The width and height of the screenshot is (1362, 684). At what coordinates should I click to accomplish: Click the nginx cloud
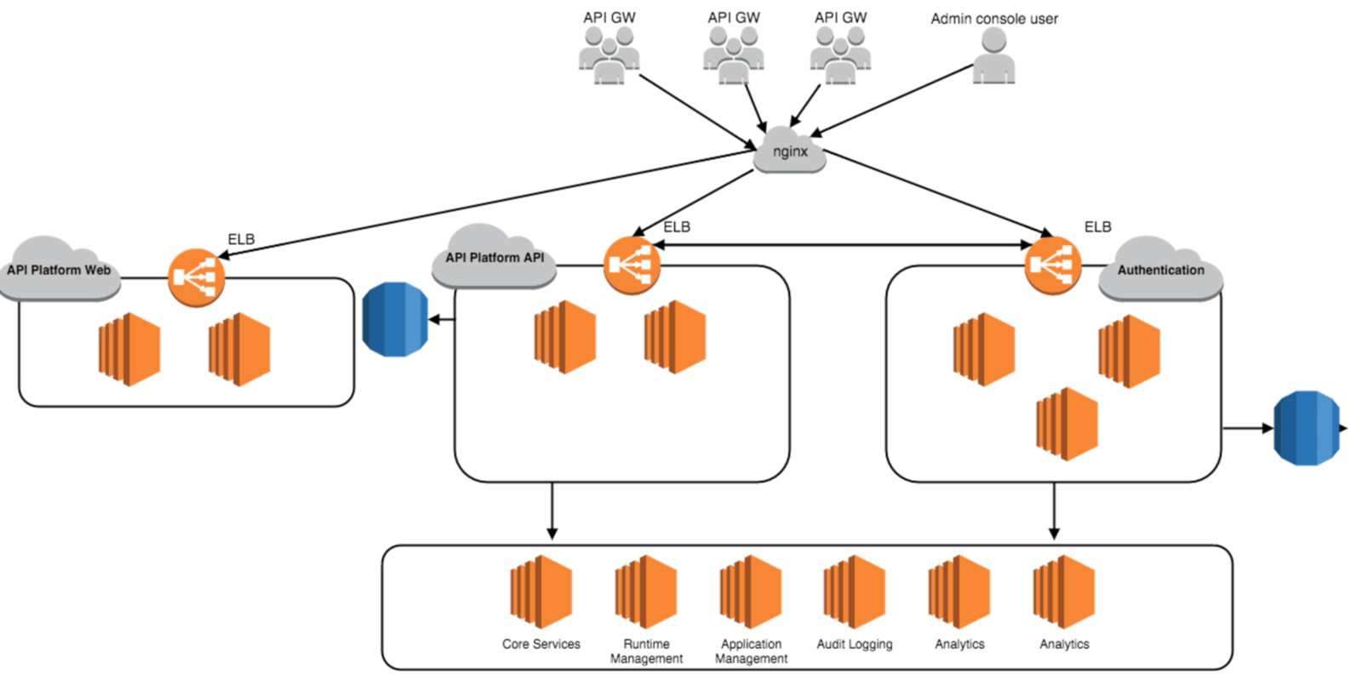(790, 151)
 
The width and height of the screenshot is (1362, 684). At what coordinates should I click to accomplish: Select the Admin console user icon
(993, 55)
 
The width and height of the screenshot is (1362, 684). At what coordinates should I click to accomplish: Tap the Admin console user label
(993, 19)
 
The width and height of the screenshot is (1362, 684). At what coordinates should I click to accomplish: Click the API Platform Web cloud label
(59, 271)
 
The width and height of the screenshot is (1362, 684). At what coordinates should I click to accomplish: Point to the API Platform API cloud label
(495, 258)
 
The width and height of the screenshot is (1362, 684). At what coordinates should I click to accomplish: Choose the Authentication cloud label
(1160, 271)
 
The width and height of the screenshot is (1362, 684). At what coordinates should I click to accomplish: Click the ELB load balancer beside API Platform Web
(197, 277)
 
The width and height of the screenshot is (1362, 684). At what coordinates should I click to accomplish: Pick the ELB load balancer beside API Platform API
(632, 265)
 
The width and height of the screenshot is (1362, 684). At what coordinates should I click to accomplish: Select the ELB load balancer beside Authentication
(1053, 265)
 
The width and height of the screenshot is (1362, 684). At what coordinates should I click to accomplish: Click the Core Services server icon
(541, 591)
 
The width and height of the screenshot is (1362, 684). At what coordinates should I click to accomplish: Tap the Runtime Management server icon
(646, 591)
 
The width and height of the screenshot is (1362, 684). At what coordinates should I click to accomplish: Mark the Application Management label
(751, 651)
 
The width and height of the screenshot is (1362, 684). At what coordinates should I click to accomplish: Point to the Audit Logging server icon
(855, 591)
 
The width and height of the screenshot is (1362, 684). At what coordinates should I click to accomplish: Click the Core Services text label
(541, 644)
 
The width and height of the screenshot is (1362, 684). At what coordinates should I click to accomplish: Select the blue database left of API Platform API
(395, 319)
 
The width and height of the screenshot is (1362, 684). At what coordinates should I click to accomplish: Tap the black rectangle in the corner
(117, 653)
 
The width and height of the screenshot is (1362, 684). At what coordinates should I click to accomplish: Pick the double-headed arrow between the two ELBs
(843, 245)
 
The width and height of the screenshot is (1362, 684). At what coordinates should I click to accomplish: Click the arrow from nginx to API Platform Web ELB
(485, 202)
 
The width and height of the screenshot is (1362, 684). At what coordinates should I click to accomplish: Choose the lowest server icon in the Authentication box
(1067, 424)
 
